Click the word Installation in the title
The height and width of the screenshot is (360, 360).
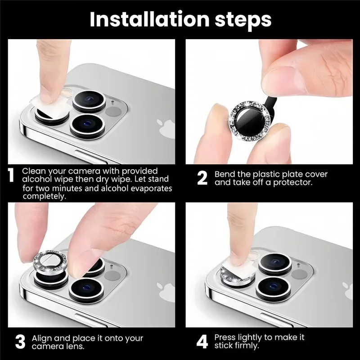pos(149,19)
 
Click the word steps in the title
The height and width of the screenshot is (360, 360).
pos(243,21)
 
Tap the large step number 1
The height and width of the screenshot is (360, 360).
pos(11,175)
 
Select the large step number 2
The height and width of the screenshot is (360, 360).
pos(202,178)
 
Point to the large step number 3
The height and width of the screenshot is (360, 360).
pos(20,342)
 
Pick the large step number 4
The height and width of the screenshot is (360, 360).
pos(202,342)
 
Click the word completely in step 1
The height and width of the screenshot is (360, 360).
pos(44,196)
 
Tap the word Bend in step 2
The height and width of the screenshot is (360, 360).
pos(225,174)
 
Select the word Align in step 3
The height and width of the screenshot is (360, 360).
pos(41,338)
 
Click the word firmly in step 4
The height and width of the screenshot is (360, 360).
pos(246,346)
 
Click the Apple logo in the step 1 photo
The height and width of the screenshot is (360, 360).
pos(166,129)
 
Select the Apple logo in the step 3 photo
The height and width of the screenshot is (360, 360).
pos(166,292)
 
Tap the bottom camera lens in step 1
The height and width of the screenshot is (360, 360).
pos(87,126)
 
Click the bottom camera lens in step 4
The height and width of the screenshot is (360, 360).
pos(273,288)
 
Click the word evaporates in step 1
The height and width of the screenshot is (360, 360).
pos(151,189)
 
